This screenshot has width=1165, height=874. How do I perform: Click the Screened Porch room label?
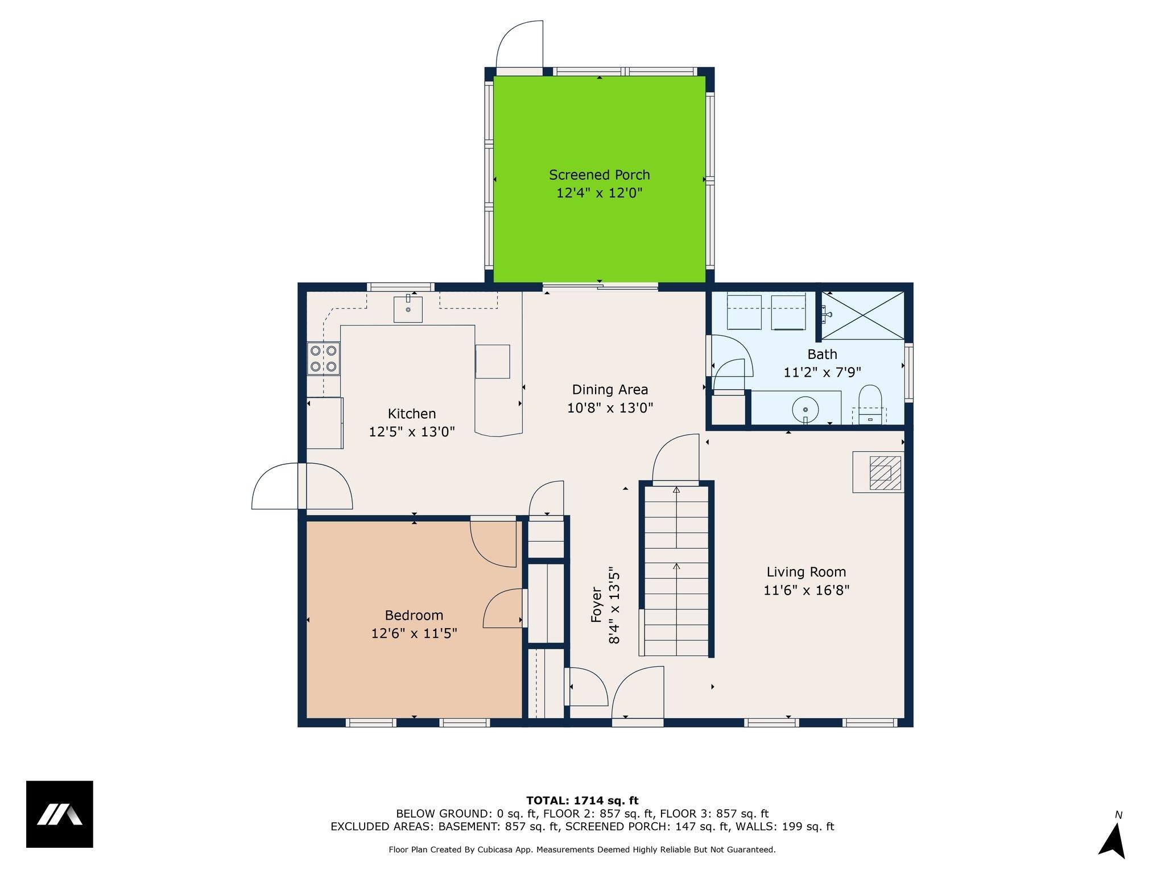pyautogui.click(x=599, y=175)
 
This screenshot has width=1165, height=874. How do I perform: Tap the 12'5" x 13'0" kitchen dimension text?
pyautogui.click(x=412, y=432)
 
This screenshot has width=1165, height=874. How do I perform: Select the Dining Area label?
pyautogui.click(x=610, y=390)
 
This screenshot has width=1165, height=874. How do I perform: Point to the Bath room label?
pyautogui.click(x=822, y=354)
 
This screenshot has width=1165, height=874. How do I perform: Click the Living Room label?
pyautogui.click(x=806, y=572)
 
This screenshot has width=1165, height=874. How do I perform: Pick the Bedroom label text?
pyautogui.click(x=414, y=615)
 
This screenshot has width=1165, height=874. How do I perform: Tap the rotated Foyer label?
pyautogui.click(x=596, y=604)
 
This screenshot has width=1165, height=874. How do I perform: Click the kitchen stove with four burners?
pyautogui.click(x=324, y=358)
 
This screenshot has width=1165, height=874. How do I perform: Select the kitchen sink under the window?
pyautogui.click(x=408, y=308)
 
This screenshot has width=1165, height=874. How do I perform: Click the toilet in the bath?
pyautogui.click(x=869, y=405)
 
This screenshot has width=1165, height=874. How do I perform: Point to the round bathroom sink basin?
pyautogui.click(x=805, y=409)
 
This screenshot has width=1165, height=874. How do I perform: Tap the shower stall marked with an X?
pyautogui.click(x=862, y=315)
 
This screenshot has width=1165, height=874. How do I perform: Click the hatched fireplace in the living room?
pyautogui.click(x=878, y=472)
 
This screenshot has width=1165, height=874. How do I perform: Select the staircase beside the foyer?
pyautogui.click(x=676, y=569)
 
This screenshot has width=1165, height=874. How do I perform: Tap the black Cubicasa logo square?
pyautogui.click(x=60, y=814)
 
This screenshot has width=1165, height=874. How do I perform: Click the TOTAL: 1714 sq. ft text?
pyautogui.click(x=582, y=801)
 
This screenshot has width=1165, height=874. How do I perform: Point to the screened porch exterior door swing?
pyautogui.click(x=519, y=44)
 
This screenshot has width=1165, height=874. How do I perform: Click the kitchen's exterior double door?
pyautogui.click(x=302, y=487)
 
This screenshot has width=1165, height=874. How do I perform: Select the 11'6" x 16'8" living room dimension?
pyautogui.click(x=806, y=591)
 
